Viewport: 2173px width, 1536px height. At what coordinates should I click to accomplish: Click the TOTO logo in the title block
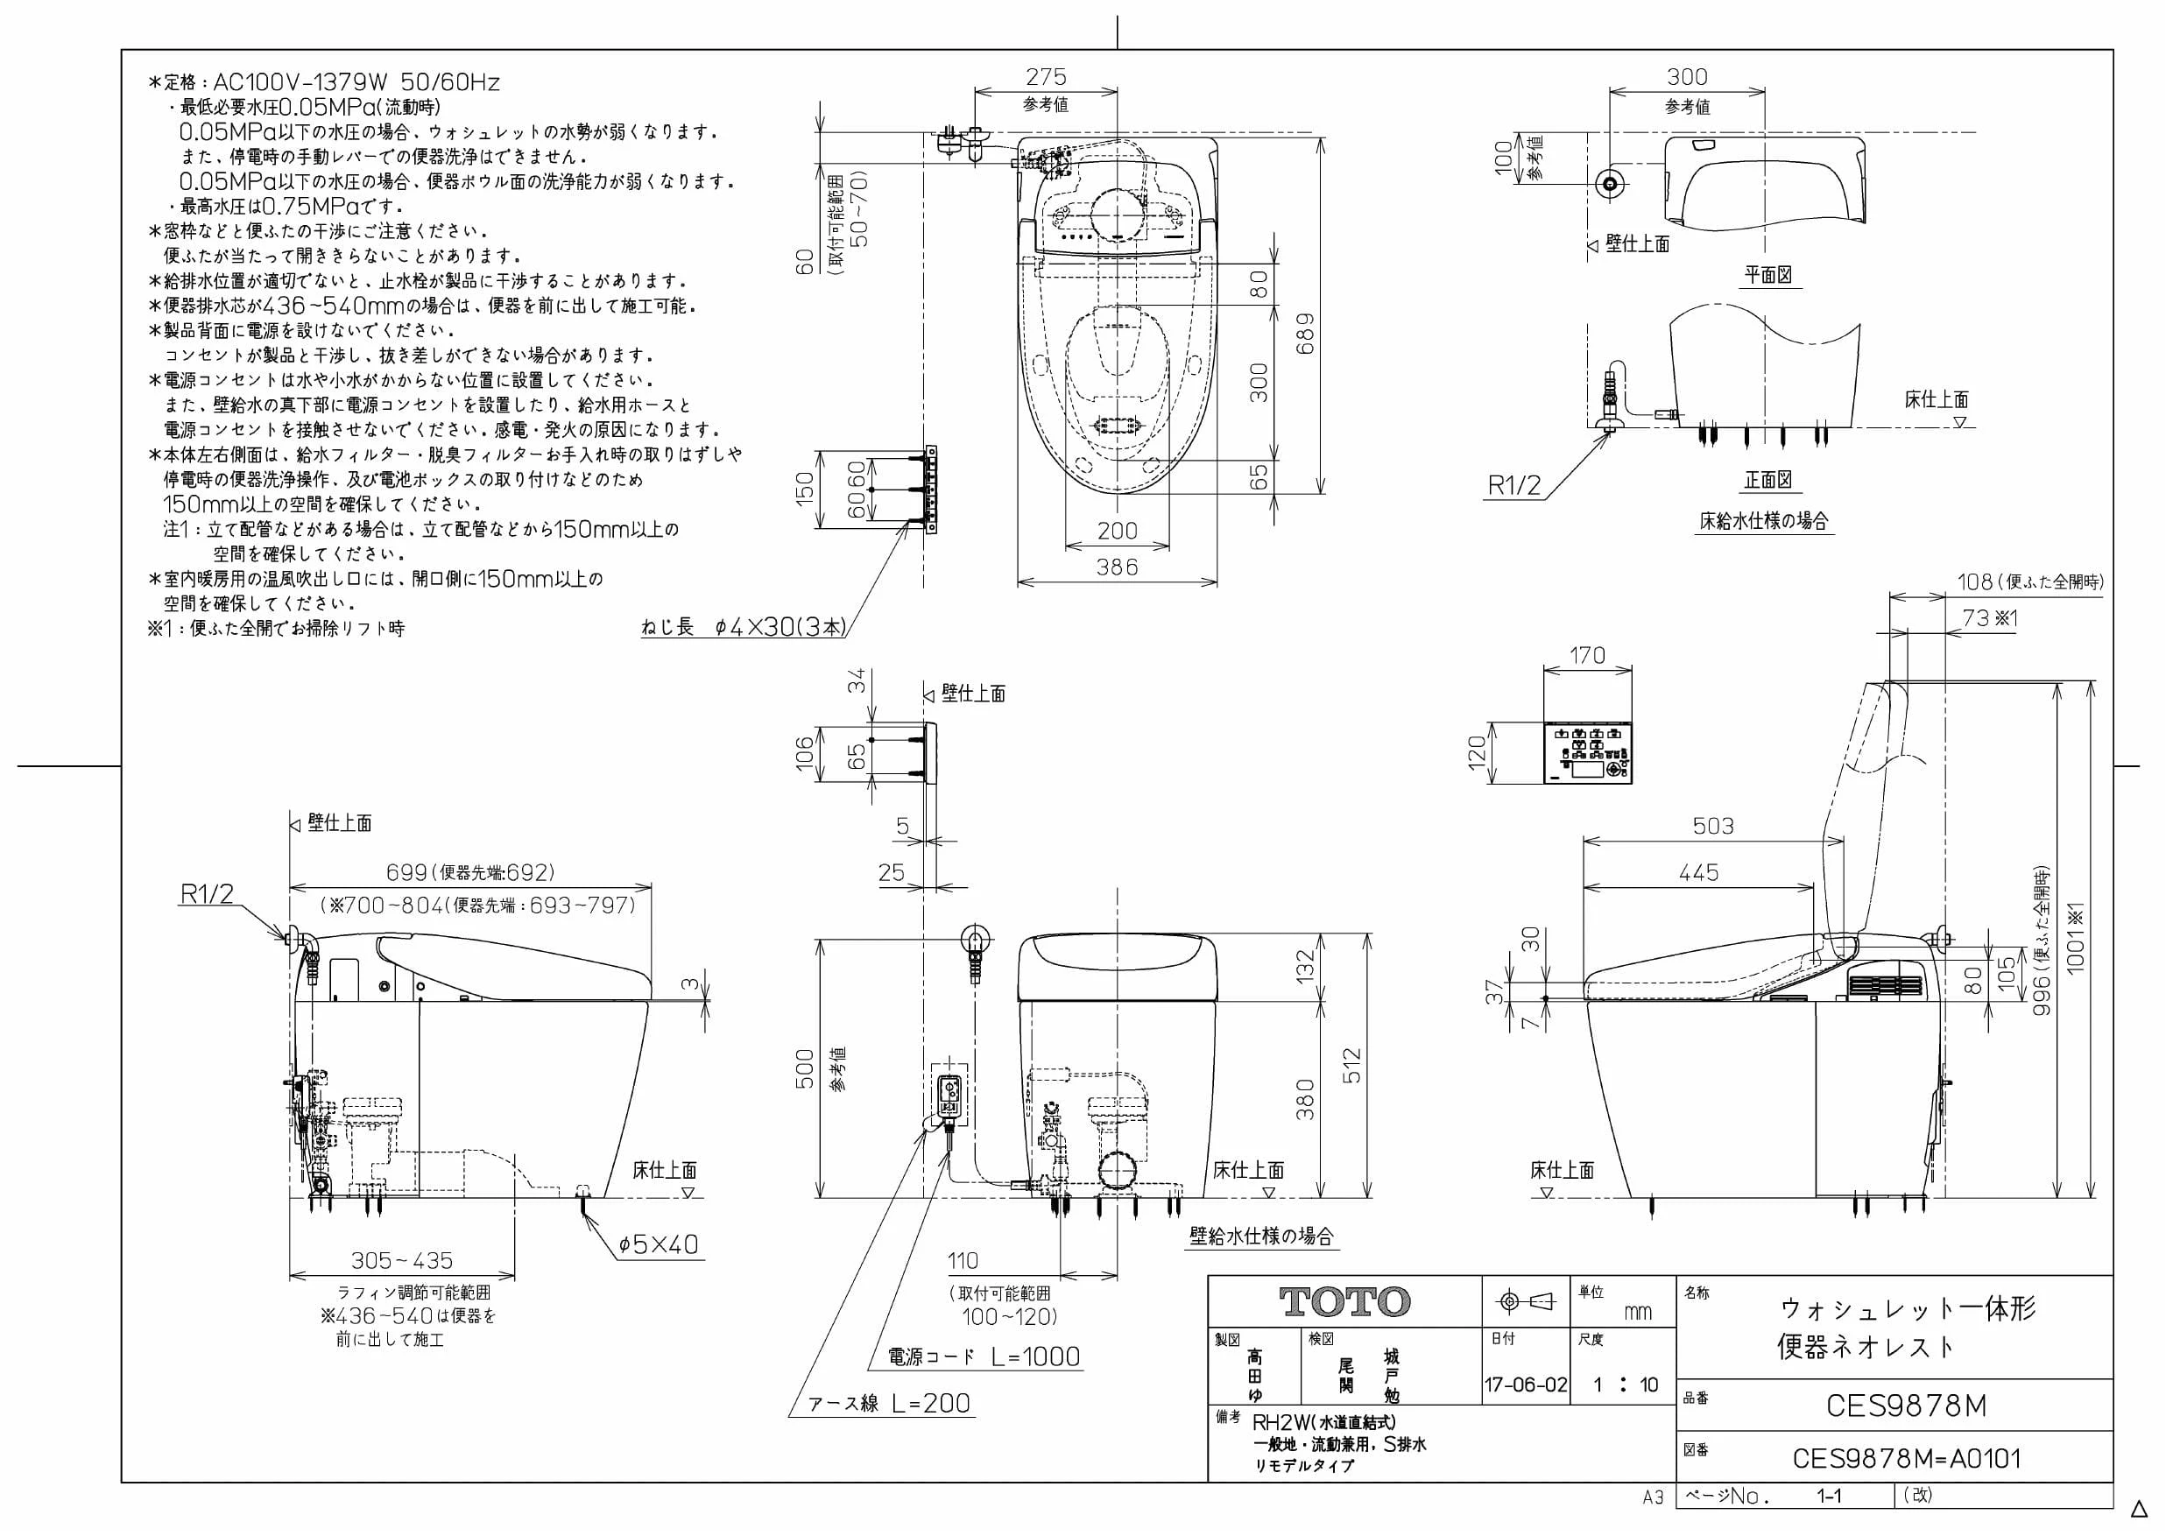(1344, 1302)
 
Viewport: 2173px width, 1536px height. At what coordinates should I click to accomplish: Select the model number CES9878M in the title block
(1906, 1406)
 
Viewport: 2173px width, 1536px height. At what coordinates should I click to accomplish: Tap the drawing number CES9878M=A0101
(1906, 1458)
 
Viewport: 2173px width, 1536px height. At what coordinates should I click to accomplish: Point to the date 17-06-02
(1526, 1385)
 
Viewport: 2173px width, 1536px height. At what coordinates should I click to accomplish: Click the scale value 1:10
(1625, 1385)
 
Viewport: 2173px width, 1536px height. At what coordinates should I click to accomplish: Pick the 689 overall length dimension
(1305, 333)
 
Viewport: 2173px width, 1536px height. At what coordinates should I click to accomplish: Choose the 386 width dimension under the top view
(1117, 567)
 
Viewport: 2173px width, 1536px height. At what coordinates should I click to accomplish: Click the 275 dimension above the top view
(1046, 77)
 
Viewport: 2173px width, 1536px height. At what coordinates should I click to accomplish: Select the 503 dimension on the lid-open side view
(1713, 826)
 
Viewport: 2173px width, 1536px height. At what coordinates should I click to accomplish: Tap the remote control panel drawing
(1588, 754)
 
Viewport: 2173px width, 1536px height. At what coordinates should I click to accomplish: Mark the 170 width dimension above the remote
(1587, 655)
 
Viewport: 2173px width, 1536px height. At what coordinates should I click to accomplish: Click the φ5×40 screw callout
(658, 1244)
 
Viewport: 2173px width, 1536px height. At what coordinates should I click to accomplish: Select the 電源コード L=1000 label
(984, 1357)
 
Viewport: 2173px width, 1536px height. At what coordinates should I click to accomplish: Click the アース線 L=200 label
(889, 1404)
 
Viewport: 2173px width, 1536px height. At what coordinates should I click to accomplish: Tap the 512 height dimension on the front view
(1352, 1066)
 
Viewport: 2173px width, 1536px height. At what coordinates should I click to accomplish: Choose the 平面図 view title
(1768, 275)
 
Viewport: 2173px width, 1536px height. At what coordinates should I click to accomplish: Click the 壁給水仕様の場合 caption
(1261, 1236)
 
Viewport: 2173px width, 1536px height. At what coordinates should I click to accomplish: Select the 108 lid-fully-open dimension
(1975, 581)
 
